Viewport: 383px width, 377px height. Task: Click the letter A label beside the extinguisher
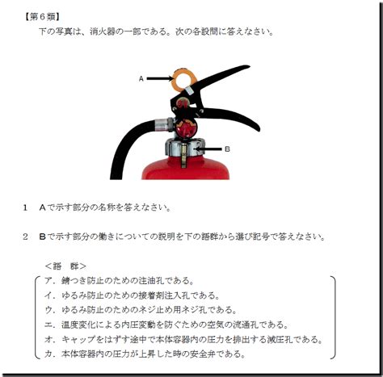pyautogui.click(x=141, y=79)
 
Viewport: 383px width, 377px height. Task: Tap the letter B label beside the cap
pyautogui.click(x=227, y=149)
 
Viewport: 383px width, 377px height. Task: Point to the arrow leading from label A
pyautogui.click(x=160, y=78)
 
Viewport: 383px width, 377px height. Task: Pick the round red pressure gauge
pyautogui.click(x=186, y=128)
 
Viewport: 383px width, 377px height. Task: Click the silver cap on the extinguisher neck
pyautogui.click(x=185, y=148)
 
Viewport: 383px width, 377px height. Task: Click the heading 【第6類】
pyautogui.click(x=41, y=17)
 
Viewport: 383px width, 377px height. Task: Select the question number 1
pyautogui.click(x=25, y=207)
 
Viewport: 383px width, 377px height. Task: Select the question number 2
pyautogui.click(x=25, y=237)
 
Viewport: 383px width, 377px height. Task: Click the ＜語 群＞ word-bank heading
pyautogui.click(x=65, y=266)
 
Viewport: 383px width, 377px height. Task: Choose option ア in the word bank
pyautogui.click(x=120, y=281)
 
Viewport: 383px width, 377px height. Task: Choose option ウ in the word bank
pyautogui.click(x=141, y=310)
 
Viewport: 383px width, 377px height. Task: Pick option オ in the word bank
pyautogui.click(x=183, y=339)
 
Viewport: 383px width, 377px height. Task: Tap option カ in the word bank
pyautogui.click(x=145, y=354)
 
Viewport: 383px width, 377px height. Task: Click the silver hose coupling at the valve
pyautogui.click(x=164, y=124)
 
